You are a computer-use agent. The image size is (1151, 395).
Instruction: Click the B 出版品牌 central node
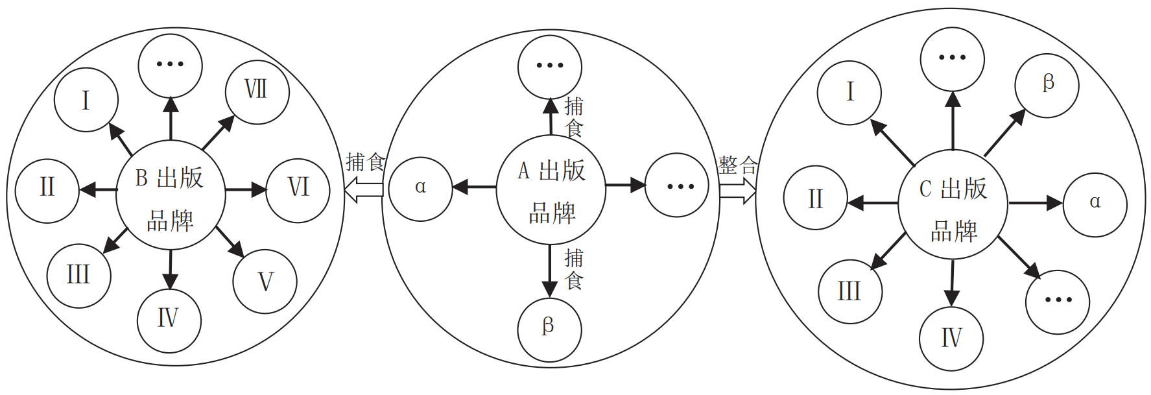[170, 195]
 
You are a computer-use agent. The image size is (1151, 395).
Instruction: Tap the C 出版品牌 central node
[953, 205]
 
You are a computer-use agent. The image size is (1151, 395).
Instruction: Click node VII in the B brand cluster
[257, 91]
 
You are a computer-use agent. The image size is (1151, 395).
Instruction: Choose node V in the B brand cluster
[265, 281]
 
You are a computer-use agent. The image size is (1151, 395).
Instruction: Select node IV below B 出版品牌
[169, 320]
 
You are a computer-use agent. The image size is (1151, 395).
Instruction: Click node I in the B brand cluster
[86, 100]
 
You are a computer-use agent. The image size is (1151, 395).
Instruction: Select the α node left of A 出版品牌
[420, 189]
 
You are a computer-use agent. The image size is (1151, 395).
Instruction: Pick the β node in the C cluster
[1047, 85]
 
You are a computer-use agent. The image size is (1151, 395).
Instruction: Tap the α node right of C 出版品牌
[1095, 204]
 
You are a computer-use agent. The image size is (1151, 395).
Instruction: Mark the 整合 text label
[737, 165]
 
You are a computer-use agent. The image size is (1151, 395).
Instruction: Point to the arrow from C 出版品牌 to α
[1034, 204]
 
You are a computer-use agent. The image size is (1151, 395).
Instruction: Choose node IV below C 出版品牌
[951, 339]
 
